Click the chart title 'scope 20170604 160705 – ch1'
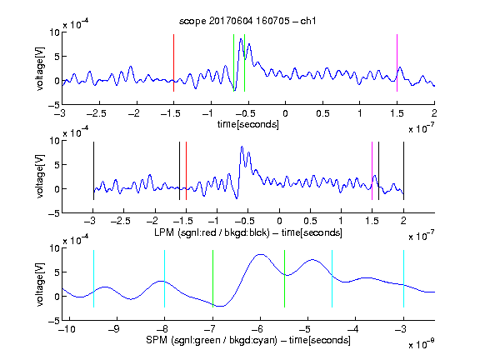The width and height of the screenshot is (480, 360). [x=247, y=21]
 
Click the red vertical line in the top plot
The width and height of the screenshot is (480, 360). [x=173, y=62]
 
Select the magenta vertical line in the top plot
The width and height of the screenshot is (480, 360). [x=397, y=62]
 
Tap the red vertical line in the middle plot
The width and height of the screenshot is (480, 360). [x=186, y=171]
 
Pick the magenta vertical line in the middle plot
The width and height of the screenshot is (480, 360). [x=372, y=171]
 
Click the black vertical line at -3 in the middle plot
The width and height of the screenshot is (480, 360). [x=93, y=171]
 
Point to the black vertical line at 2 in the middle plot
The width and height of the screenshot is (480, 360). [x=403, y=171]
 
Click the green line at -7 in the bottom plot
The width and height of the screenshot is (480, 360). [x=212, y=278]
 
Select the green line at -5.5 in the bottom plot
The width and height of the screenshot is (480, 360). [x=284, y=278]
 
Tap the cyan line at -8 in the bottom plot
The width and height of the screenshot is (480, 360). [x=164, y=278]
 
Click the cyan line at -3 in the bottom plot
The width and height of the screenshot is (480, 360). [x=403, y=278]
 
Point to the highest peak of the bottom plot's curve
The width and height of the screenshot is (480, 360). [x=260, y=254]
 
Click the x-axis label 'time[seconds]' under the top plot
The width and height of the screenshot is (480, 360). [x=248, y=124]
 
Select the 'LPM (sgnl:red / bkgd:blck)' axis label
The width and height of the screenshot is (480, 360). [x=212, y=232]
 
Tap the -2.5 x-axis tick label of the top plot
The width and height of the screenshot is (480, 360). [x=96, y=113]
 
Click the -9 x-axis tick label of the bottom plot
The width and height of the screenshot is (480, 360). [x=114, y=329]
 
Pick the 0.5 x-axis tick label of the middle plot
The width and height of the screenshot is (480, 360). [x=310, y=221]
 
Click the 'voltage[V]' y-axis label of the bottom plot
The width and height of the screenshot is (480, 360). [x=40, y=284]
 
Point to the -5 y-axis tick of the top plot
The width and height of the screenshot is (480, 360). [x=53, y=105]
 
